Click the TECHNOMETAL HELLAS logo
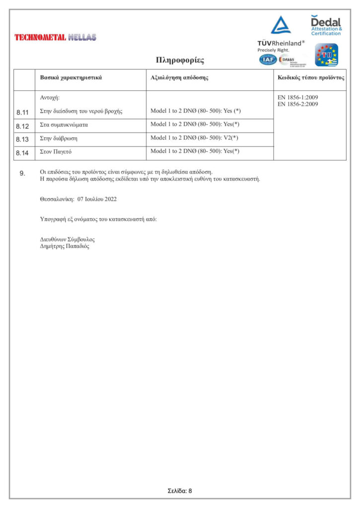coord(56,37)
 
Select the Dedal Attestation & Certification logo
coord(326,25)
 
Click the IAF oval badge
coord(268,60)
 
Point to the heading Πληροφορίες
coord(180,61)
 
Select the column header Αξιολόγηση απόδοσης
coord(179,78)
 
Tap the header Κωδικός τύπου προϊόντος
coord(310,78)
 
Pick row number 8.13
coord(23,139)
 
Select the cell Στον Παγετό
coord(56,151)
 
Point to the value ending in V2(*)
coord(195,138)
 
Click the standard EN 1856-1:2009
coord(297,98)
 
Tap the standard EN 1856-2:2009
coord(297,104)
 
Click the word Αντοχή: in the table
coord(50,98)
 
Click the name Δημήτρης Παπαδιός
coord(65,246)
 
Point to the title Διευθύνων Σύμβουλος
coord(67,240)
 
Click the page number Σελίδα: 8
coord(180,491)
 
